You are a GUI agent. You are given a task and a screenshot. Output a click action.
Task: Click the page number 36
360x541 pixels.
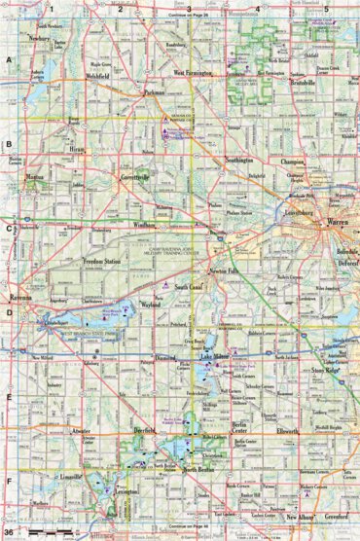pyautogui.click(x=9, y=533)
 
